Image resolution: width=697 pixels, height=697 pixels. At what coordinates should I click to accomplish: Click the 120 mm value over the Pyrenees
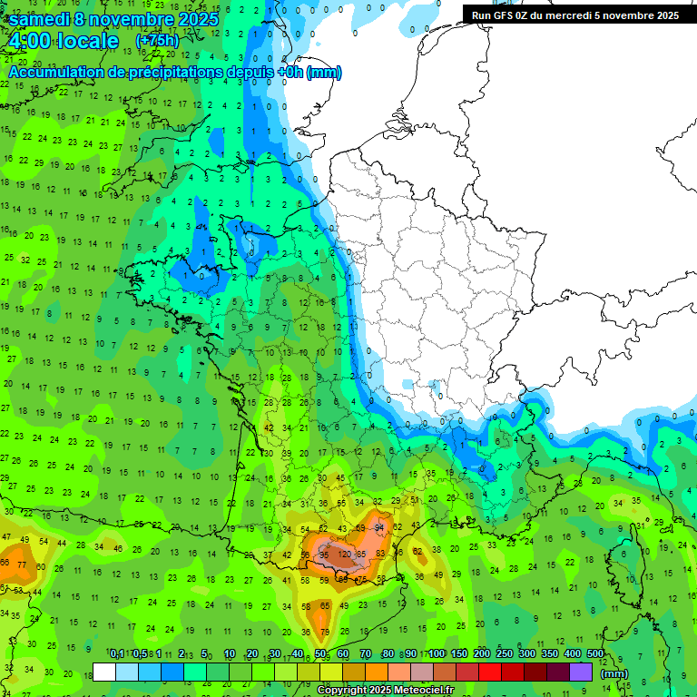click(x=345, y=554)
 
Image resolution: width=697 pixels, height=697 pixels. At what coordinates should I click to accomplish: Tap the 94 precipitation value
click(x=379, y=527)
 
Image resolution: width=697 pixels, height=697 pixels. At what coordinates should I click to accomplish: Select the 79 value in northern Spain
click(x=322, y=632)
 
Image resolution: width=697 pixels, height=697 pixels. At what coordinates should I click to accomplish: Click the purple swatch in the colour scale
click(x=581, y=672)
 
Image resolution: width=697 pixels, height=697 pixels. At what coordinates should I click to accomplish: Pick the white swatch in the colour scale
click(x=104, y=672)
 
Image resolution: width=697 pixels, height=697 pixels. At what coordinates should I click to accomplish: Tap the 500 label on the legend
click(x=595, y=653)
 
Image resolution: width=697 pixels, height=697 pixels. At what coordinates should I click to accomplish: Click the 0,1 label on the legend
click(x=117, y=653)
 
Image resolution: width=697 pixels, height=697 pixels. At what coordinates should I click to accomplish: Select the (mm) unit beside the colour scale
click(x=614, y=673)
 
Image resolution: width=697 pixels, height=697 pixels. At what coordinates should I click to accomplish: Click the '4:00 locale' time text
click(x=63, y=42)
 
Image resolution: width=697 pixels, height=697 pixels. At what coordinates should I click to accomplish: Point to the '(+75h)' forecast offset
click(x=157, y=41)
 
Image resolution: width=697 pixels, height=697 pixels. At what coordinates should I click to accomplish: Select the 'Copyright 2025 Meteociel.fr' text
click(x=385, y=690)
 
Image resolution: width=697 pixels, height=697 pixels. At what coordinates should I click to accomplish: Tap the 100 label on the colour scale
click(x=437, y=653)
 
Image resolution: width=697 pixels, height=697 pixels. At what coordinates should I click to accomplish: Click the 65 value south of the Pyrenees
click(x=325, y=605)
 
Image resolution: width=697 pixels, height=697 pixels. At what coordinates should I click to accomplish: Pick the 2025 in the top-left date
click(x=199, y=18)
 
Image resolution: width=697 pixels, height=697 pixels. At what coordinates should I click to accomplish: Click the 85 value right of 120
click(x=361, y=554)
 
